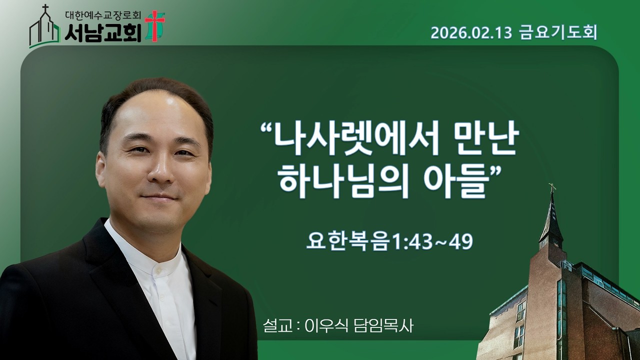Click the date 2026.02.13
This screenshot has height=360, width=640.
pos(471,33)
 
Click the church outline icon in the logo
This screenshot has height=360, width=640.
pos(44,29)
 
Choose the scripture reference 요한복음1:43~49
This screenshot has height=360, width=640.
pos(390,242)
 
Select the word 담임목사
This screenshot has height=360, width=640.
pos(384,326)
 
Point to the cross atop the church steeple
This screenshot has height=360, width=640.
pos(552,188)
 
